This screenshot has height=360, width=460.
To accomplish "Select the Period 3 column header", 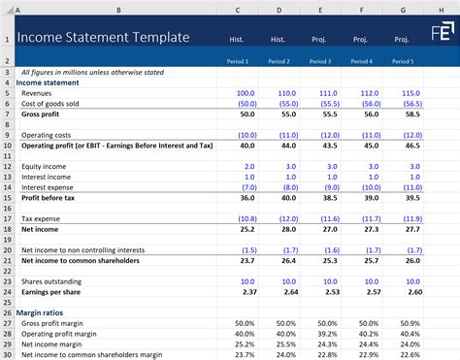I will pyautogui.click(x=318, y=61).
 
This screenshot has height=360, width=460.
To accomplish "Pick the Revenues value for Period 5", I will pyautogui.click(x=398, y=93).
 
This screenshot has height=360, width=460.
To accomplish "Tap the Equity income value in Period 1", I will pyautogui.click(x=244, y=166).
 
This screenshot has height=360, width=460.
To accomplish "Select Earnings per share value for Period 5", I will pyautogui.click(x=398, y=291).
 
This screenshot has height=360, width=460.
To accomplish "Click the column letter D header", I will pyautogui.click(x=279, y=10).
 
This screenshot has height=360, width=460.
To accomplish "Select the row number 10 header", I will pyautogui.click(x=7, y=145).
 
